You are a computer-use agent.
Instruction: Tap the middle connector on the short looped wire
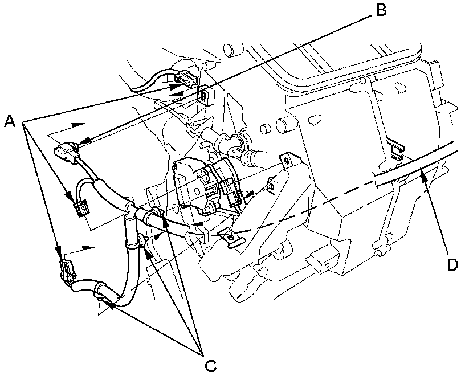click(81, 209)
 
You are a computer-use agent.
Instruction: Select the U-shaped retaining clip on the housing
click(397, 150)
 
